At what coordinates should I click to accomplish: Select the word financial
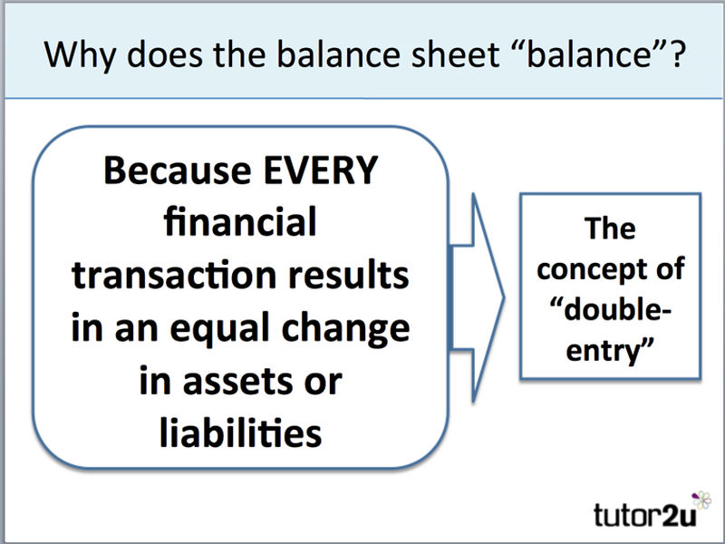(240, 222)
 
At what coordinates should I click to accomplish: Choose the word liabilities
(240, 432)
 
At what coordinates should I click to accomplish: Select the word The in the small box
(609, 228)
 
